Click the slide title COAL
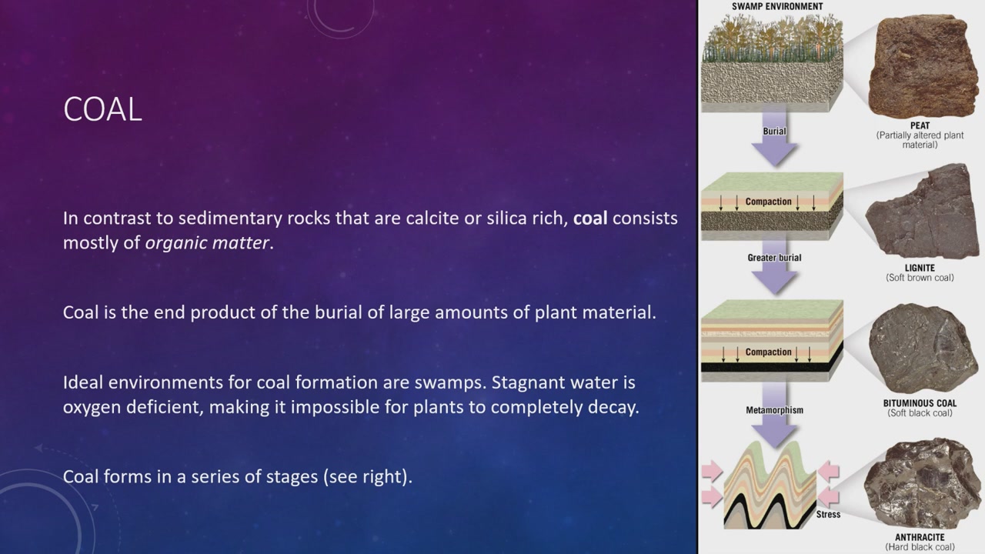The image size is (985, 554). [102, 109]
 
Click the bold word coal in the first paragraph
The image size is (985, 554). [590, 218]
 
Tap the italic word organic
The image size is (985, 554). [176, 243]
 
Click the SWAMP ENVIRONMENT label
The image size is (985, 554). [777, 6]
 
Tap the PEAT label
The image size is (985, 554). [920, 125]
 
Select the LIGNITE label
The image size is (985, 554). [920, 268]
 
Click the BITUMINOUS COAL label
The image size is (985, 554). [920, 403]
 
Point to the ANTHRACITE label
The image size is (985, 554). [920, 537]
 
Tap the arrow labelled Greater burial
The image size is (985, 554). [774, 267]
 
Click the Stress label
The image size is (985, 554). [828, 515]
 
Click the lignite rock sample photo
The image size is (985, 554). [922, 211]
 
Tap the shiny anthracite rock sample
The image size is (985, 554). [922, 484]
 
